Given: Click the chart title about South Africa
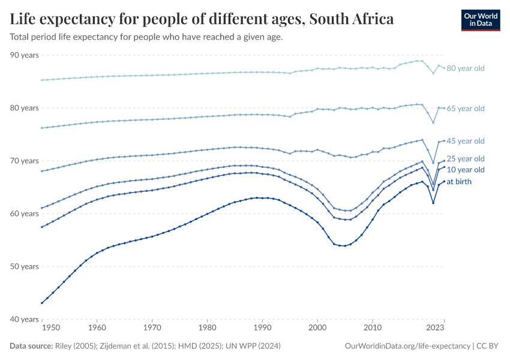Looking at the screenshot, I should [202, 19].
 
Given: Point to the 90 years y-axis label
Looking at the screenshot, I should [25, 55].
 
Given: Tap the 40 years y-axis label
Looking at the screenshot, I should [25, 319].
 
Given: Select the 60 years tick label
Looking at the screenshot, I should [25, 214].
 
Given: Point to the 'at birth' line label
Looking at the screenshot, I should [463, 181].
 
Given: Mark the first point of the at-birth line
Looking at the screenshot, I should [41, 303].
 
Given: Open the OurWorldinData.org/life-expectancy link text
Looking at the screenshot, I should [408, 346].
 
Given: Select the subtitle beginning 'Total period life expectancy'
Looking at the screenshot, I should [146, 37].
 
